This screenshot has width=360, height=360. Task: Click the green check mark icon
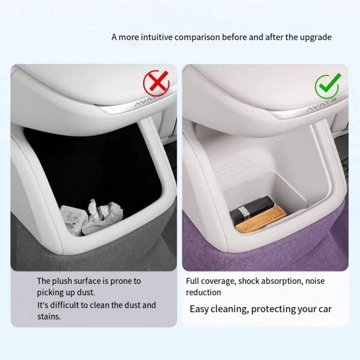(x=328, y=85)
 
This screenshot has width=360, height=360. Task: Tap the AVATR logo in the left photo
(x=149, y=100)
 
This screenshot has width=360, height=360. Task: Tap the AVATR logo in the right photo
(x=321, y=105)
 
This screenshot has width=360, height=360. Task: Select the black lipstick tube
(x=251, y=208)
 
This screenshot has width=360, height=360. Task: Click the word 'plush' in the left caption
(x=62, y=281)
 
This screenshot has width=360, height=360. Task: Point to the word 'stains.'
(x=49, y=316)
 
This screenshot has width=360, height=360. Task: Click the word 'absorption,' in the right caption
(x=282, y=281)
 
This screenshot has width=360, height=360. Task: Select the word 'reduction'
(x=203, y=292)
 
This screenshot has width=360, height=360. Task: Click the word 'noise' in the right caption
(x=315, y=281)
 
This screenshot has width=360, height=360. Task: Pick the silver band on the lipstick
(x=244, y=211)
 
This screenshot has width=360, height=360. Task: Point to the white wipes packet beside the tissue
(x=72, y=220)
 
